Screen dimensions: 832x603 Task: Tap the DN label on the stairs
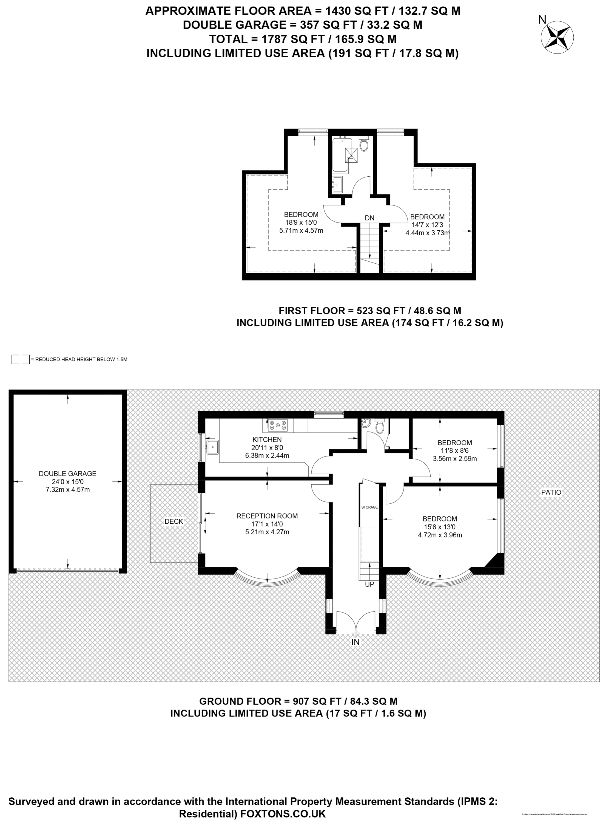pos(369,218)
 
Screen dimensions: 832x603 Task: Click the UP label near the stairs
pos(369,584)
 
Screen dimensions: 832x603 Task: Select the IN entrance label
pos(355,642)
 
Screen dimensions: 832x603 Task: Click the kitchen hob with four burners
pos(277,425)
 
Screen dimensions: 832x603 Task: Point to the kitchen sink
pos(212,447)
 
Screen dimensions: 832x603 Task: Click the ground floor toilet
pos(380,426)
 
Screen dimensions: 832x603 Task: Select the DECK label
pos(173,521)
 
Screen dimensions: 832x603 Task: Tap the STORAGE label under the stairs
pos(369,507)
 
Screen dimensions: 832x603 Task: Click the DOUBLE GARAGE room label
pos(67,473)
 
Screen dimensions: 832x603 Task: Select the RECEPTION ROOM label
pos(267,516)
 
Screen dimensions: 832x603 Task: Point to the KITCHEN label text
pos(267,439)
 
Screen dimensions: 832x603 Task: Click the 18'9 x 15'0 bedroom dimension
pos(301,222)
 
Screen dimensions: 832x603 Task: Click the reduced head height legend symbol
pos(20,359)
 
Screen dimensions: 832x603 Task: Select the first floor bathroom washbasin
pos(337,184)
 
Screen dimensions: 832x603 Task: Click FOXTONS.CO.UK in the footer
pos(283,813)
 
